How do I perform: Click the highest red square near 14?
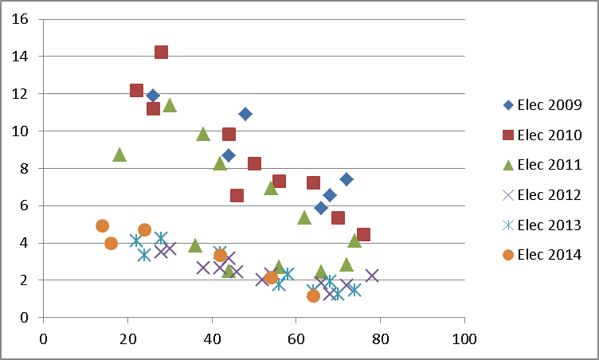[x=161, y=52]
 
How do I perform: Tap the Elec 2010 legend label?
[x=549, y=135]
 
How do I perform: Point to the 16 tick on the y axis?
[x=22, y=19]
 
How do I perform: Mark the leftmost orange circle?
[x=102, y=226]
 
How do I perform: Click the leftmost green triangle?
[x=119, y=155]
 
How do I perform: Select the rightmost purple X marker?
[x=372, y=276]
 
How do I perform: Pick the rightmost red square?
[x=363, y=234]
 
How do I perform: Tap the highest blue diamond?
[x=153, y=95]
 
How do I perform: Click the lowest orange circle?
[x=313, y=296]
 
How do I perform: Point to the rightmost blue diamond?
[x=347, y=179]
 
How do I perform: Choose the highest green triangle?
[x=170, y=106]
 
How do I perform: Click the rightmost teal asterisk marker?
[x=355, y=290]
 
